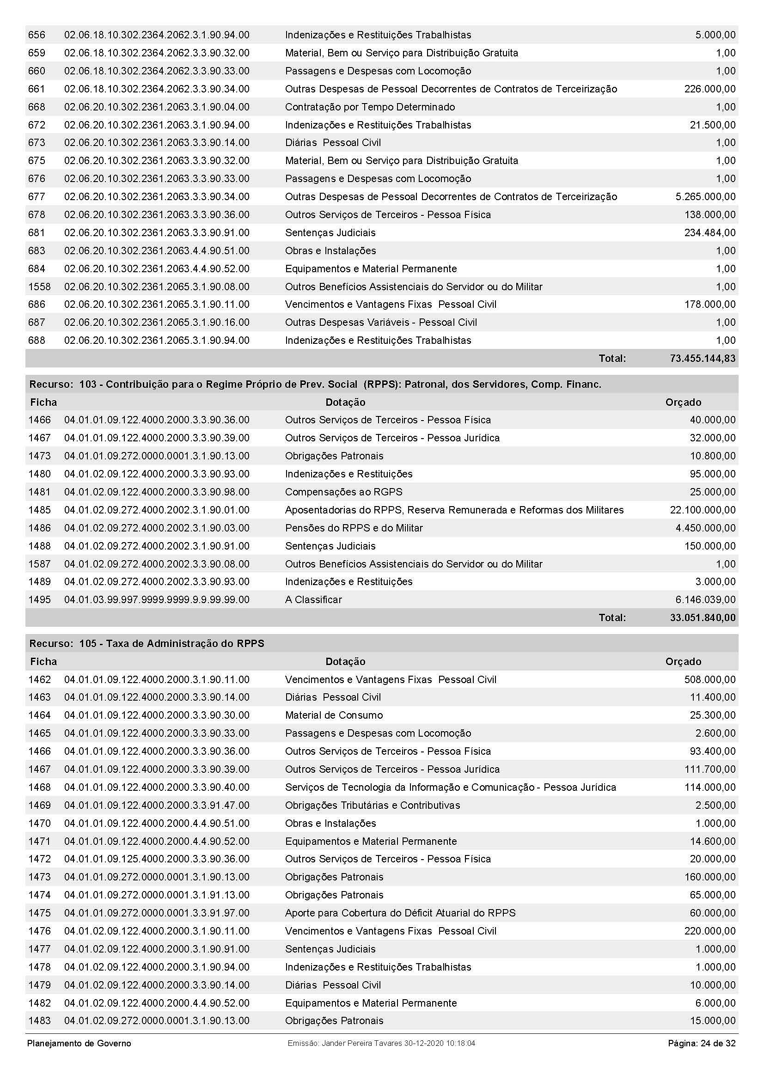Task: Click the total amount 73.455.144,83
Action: (x=702, y=359)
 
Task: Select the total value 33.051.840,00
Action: (x=703, y=618)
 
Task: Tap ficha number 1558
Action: (x=39, y=287)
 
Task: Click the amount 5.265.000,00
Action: (x=705, y=197)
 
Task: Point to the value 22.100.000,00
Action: (x=703, y=510)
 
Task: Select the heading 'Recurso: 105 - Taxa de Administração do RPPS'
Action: (x=147, y=644)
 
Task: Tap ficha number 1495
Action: (x=39, y=600)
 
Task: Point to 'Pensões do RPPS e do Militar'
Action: (x=354, y=528)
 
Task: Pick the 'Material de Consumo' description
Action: (x=334, y=715)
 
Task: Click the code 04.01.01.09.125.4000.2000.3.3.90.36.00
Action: (x=157, y=859)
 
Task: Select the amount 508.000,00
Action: (x=710, y=679)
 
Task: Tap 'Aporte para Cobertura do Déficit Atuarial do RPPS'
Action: (x=400, y=913)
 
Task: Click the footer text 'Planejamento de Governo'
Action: (x=79, y=1044)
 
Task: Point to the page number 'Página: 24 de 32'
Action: (x=702, y=1044)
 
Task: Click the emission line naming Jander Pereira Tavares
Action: (x=381, y=1044)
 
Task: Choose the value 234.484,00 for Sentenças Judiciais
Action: (x=710, y=233)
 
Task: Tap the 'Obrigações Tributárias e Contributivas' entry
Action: (x=373, y=805)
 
